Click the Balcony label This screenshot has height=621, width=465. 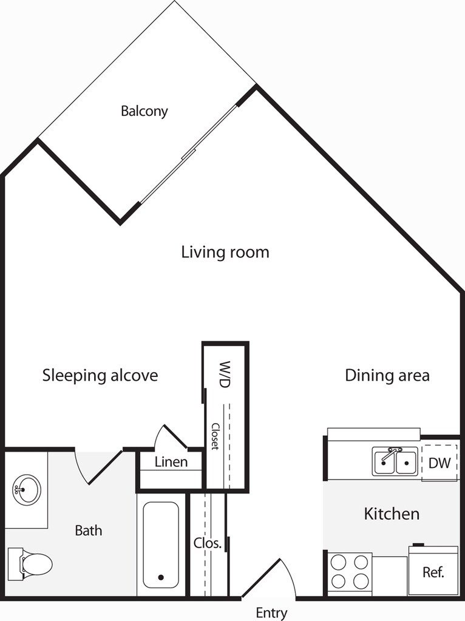coord(144,111)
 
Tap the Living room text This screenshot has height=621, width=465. coord(225,252)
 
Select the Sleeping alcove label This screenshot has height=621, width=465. coord(100,375)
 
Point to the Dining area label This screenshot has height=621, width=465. coord(387,375)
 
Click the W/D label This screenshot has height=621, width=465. coord(225,375)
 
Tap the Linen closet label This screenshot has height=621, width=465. coord(171,462)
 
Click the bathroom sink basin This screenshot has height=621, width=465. coord(27,489)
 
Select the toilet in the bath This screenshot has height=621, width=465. coord(30,564)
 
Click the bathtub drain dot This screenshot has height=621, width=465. coord(161,577)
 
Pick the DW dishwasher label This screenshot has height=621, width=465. coord(440,463)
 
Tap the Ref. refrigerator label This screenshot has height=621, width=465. coord(433,572)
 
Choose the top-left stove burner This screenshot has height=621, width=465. coord(338,562)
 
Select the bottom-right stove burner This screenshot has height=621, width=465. coord(361,582)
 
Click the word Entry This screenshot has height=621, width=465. coord(272,613)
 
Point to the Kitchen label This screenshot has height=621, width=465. coord(392,514)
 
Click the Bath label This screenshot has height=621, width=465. coord(89,531)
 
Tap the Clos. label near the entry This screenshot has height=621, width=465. coord(207,543)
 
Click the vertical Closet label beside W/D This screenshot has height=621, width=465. coord(216,436)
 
